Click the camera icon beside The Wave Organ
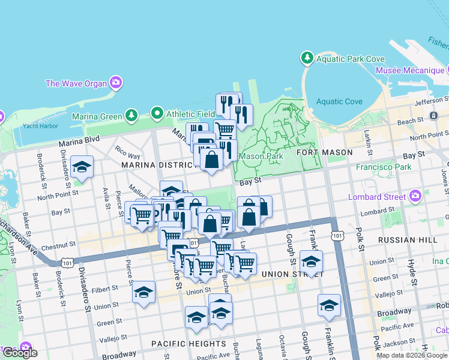(116, 83)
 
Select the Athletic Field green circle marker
(157, 113)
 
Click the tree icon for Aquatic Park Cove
(307, 58)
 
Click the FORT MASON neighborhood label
(325, 152)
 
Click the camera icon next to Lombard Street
(415, 196)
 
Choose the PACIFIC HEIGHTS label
(188, 344)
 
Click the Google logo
(20, 353)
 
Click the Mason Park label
(261, 157)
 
